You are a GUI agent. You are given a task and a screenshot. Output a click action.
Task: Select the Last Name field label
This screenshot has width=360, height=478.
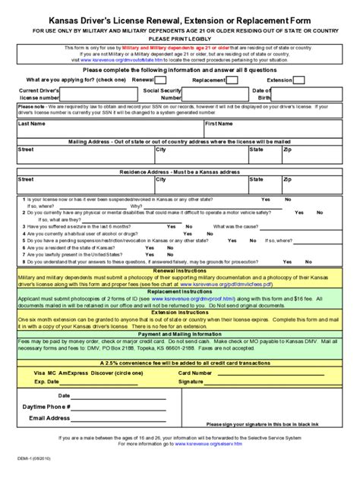32,124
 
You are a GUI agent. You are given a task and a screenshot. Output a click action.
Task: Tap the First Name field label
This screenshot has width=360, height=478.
219,124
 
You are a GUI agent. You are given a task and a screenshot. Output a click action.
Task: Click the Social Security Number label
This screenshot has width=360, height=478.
163,94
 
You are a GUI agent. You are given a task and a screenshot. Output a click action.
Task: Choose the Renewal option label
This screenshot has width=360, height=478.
144,79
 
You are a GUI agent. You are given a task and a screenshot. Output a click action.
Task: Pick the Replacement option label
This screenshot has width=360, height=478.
208,79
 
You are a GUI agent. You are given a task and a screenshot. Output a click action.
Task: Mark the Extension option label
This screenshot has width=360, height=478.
279,79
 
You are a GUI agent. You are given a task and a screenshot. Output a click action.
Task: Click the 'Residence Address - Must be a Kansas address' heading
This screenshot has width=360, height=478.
180,172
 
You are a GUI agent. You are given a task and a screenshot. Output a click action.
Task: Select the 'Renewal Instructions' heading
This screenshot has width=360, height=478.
180,270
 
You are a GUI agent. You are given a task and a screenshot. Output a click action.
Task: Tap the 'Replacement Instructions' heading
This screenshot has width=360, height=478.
180,291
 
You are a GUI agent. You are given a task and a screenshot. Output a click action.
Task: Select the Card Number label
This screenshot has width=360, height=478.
194,373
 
